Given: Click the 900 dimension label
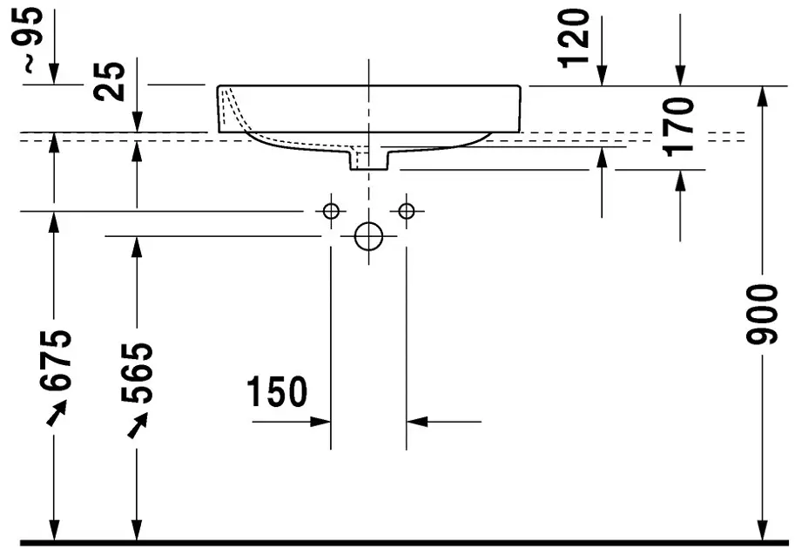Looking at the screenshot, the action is tap(762, 315).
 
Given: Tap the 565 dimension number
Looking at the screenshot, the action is tap(137, 373).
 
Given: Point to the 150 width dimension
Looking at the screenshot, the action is tap(277, 391).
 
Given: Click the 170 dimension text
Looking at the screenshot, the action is tap(679, 127).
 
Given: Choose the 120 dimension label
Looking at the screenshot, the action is tap(574, 38).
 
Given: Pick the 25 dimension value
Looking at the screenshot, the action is tap(110, 81).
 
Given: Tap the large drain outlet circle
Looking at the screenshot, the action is tap(368, 236).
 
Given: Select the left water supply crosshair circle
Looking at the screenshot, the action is tap(331, 211).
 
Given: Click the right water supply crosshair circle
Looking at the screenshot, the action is tap(406, 211).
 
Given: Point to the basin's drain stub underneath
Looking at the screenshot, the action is tap(368, 159).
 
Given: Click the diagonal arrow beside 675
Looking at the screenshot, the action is tap(57, 412).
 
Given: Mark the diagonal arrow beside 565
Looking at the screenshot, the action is tap(138, 425).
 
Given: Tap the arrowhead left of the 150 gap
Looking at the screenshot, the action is tap(320, 421).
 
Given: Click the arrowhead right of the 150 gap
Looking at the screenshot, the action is tap(417, 421).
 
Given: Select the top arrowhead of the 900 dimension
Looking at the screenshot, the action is tap(762, 97).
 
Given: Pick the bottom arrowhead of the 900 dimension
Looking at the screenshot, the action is tap(762, 530).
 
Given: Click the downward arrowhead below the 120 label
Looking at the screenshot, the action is tap(602, 76).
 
